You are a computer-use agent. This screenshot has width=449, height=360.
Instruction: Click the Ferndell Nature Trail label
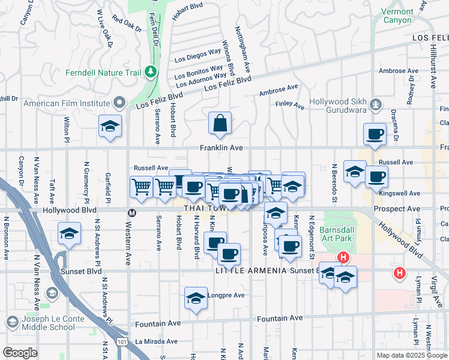point(103,73)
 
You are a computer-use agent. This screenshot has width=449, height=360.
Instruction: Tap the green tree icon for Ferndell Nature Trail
point(150,73)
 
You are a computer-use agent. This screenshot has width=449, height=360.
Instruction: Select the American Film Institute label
point(67,103)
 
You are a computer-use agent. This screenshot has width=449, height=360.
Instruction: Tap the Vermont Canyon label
point(397,16)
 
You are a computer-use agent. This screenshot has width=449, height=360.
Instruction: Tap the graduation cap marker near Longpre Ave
point(196,298)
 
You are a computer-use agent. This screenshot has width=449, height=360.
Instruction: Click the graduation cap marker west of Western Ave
point(111,127)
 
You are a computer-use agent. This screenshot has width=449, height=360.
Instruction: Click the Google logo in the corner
point(20,353)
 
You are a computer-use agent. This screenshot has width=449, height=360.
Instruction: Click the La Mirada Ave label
point(156,341)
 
